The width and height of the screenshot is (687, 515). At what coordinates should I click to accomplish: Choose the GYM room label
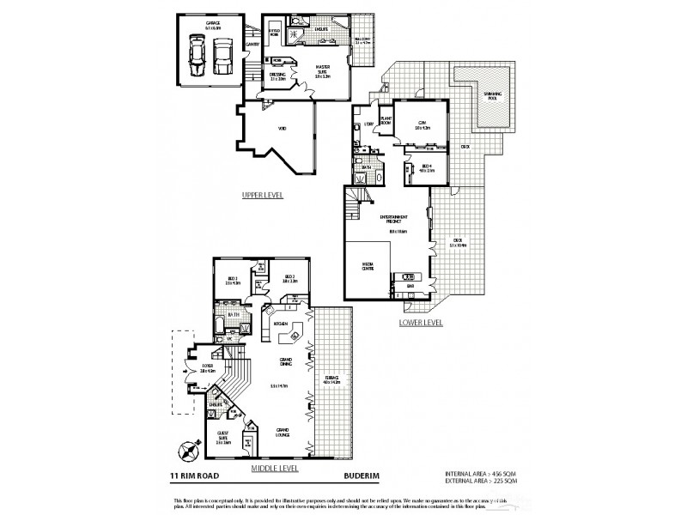(421, 124)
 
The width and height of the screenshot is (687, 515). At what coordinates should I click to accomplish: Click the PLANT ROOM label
(386, 121)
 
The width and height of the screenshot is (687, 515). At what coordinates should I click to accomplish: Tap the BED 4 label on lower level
(427, 168)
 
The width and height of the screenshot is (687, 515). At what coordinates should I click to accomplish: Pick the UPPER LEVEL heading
(262, 195)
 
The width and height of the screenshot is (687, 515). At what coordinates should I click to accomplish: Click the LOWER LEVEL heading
(421, 323)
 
